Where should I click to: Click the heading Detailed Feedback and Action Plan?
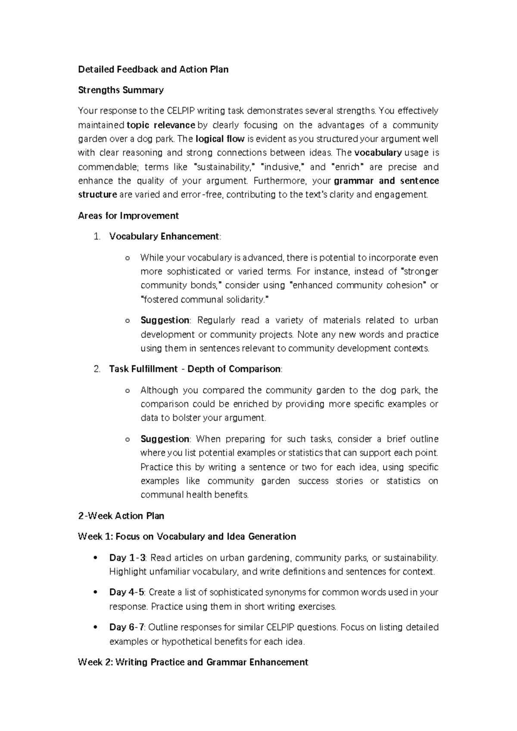pos(153,69)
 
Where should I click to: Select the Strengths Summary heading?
pos(121,90)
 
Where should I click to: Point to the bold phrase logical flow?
pos(220,139)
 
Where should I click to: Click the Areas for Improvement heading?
pos(128,216)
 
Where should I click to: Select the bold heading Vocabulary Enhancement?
pos(164,237)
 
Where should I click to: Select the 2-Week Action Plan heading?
pos(121,516)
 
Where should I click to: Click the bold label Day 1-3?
pos(128,558)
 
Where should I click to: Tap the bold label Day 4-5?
pos(127,592)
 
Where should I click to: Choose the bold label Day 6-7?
pos(127,627)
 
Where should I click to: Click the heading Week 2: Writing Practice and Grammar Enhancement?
pos(193,662)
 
